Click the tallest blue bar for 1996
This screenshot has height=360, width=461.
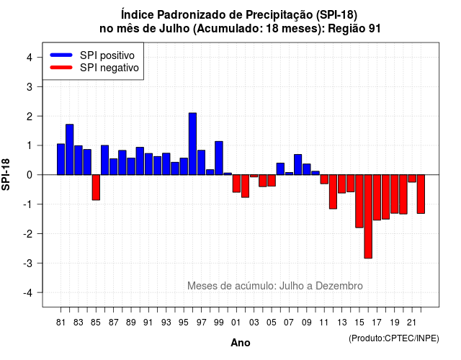(x=192, y=144)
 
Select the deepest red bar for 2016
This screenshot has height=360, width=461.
(x=368, y=217)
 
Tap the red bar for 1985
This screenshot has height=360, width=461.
(x=96, y=187)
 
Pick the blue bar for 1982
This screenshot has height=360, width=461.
(x=70, y=150)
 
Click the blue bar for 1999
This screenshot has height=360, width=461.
(x=219, y=158)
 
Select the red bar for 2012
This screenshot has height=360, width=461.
(x=333, y=192)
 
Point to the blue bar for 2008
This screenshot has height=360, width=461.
(x=297, y=165)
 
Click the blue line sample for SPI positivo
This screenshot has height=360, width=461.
(x=61, y=55)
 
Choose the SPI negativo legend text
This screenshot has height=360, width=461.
(x=109, y=68)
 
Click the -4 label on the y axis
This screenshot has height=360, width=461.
(x=28, y=293)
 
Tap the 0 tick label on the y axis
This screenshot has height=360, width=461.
(x=29, y=175)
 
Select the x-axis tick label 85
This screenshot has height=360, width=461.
(x=96, y=323)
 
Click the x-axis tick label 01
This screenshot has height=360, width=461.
(x=236, y=323)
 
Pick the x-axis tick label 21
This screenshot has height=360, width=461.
(x=411, y=323)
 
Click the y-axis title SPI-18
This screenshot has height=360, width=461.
(x=6, y=174)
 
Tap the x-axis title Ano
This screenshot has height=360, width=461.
(x=241, y=343)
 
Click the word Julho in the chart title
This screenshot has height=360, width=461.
(x=174, y=29)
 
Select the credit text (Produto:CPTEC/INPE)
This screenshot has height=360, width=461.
(x=394, y=338)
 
